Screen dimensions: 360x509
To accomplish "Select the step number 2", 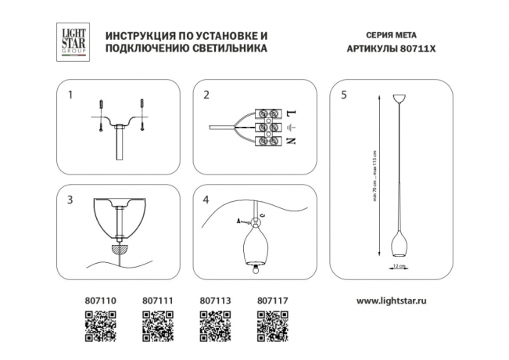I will [x=206, y=97].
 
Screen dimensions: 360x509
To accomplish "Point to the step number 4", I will [x=206, y=200].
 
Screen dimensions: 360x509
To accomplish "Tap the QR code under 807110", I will [x=99, y=325].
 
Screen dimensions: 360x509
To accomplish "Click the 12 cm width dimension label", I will [x=399, y=266].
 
